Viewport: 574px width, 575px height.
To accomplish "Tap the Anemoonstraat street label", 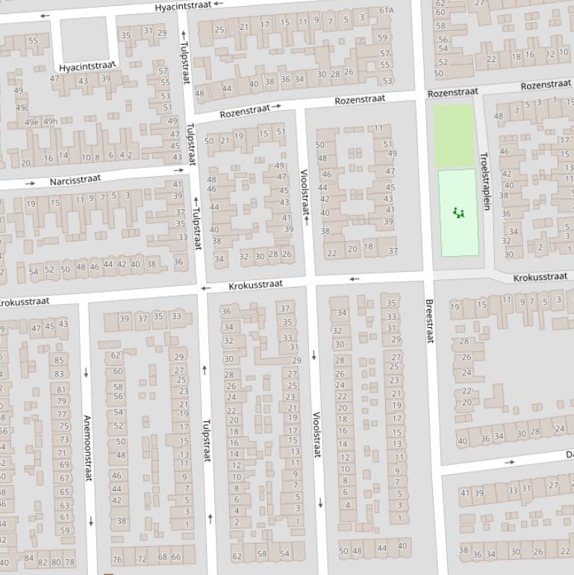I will coord(87,447).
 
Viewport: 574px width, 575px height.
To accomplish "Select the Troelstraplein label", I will coord(484,181).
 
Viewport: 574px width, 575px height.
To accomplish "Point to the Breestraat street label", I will coord(429,321).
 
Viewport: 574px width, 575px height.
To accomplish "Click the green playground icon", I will coord(458,213).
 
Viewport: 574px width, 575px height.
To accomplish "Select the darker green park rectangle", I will coord(455,135).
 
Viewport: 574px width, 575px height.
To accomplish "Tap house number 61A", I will coord(386,10).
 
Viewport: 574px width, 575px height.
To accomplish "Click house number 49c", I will coord(22,107).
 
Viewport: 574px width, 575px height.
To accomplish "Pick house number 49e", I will coord(31,122).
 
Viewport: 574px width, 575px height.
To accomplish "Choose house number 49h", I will coord(50,122).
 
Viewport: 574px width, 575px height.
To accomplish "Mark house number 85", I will coord(59,361).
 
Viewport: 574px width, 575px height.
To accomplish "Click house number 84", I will coord(29,558).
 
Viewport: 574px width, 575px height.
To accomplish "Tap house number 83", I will coord(59,374).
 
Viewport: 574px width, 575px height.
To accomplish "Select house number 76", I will coord(117,559).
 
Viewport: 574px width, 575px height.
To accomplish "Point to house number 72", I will coord(142,558).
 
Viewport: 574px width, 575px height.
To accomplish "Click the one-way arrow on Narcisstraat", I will coord(30,183).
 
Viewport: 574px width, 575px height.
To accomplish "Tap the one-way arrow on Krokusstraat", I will coord(355,279).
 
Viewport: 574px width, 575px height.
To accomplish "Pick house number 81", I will coord(62,389).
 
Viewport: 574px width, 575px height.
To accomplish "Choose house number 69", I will coord(64,464).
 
